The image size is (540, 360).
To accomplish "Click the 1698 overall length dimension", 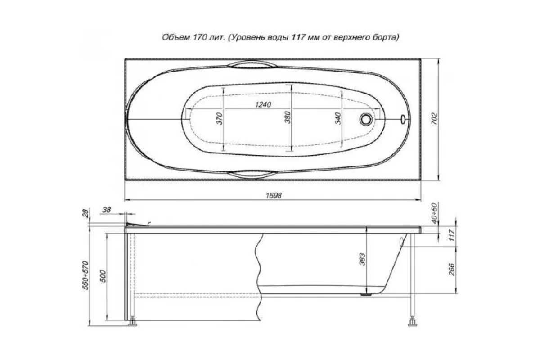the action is (274, 195).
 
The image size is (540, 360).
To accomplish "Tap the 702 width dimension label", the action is (434, 119).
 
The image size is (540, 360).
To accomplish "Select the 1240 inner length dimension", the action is (263, 105).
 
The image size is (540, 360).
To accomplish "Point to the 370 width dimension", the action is (220, 118).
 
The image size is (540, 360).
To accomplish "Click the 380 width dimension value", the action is (288, 117).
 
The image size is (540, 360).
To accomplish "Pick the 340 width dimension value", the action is (338, 118).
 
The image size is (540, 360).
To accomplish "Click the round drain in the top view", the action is (366, 119).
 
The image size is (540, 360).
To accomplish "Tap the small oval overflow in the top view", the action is (403, 119).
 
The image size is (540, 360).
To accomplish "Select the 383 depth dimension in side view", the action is (362, 259).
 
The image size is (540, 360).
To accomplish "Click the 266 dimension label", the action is (452, 270).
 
